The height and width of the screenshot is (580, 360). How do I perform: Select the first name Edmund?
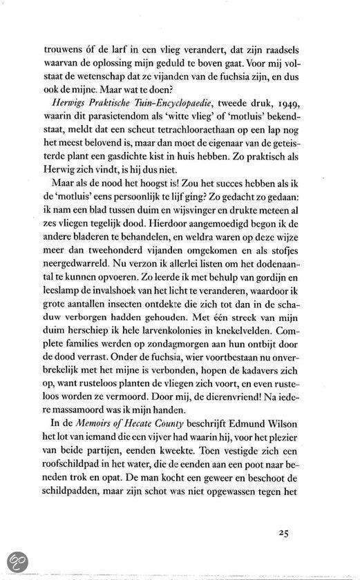point(252,454)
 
